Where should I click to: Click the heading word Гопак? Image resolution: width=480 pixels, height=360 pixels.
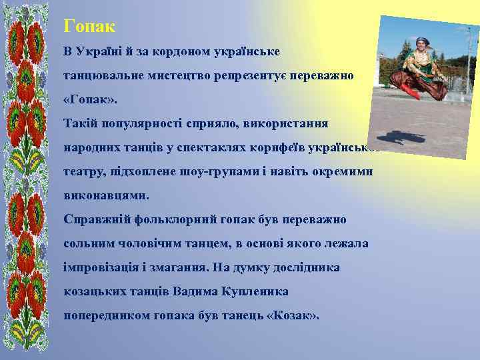(89, 27)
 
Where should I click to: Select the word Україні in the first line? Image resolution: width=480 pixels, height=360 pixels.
(101, 51)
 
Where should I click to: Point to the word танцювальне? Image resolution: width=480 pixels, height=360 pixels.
(103, 76)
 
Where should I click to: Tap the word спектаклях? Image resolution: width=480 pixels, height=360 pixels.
(213, 148)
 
